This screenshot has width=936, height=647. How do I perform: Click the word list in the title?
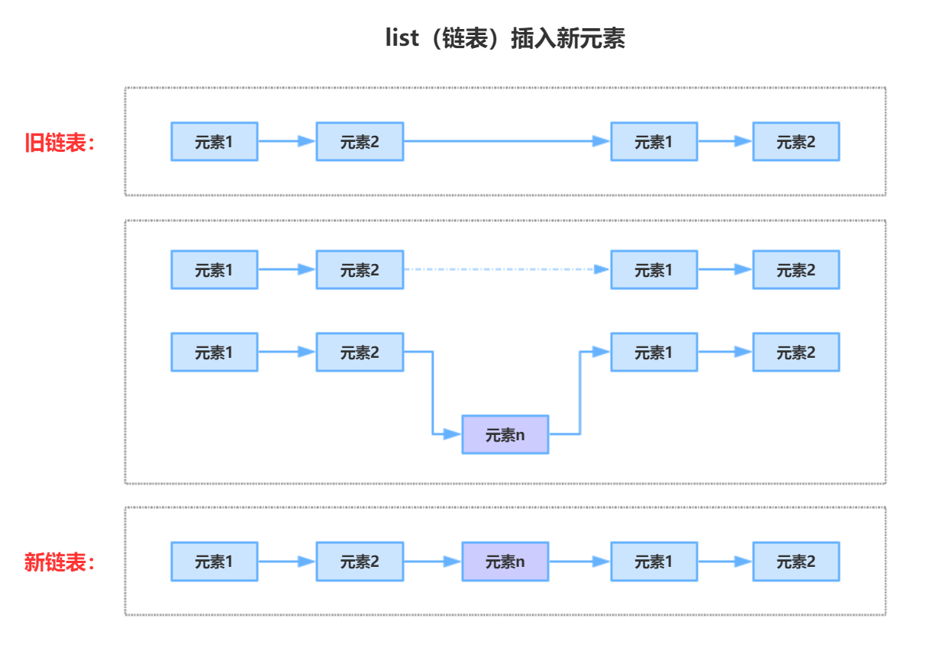coord(402,38)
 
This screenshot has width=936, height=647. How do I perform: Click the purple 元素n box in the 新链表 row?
coord(505,562)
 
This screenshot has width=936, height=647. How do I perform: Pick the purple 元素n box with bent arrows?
coord(505,435)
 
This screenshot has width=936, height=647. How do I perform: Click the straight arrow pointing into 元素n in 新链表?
coord(431,562)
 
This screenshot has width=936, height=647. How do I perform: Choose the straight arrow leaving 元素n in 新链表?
coord(579,562)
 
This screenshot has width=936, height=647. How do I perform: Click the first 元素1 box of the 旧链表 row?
coord(214,142)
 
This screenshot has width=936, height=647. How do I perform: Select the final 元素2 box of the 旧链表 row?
coord(796,142)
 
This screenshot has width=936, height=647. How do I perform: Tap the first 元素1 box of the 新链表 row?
coord(214,562)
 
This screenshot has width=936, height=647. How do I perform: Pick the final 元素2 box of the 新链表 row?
coord(796,562)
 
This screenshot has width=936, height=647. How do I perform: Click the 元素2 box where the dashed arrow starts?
coord(360,270)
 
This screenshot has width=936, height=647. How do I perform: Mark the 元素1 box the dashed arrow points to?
coord(654,270)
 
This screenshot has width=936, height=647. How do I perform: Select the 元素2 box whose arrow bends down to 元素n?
coord(360,352)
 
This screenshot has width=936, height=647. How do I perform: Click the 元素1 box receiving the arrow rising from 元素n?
coord(654,352)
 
